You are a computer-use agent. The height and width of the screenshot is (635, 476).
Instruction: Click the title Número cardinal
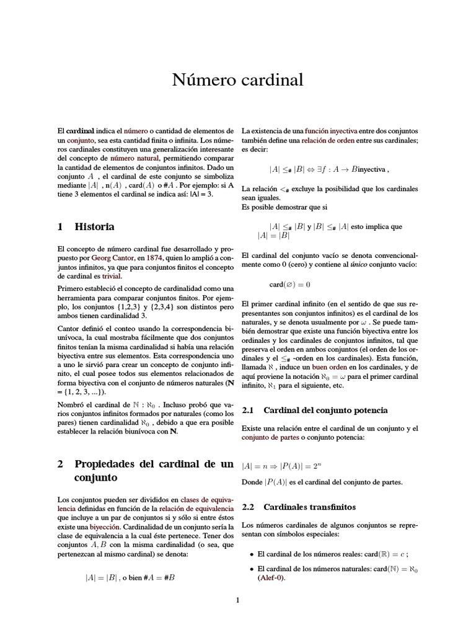click(x=237, y=81)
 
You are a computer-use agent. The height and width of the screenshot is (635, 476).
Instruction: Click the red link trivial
click(x=112, y=275)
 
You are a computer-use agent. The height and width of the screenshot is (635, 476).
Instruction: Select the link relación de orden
click(x=328, y=141)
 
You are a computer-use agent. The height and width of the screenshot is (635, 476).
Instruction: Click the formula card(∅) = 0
click(x=289, y=285)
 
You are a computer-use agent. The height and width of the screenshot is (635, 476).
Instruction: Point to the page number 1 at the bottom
click(x=237, y=600)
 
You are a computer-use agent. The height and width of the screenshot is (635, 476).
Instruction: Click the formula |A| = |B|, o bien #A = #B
click(x=130, y=577)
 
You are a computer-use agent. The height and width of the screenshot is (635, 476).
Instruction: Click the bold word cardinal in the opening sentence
click(x=81, y=131)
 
